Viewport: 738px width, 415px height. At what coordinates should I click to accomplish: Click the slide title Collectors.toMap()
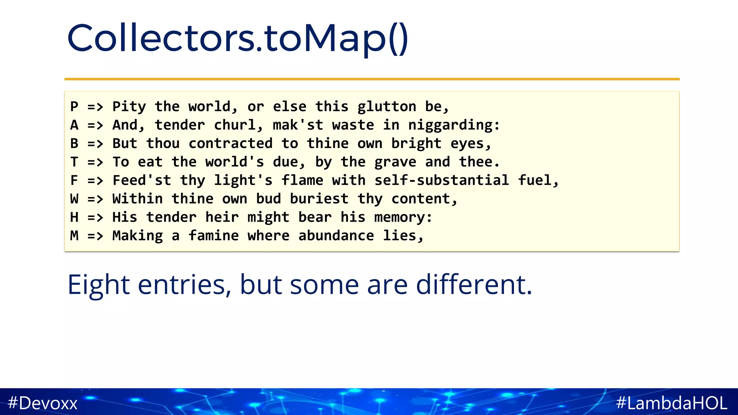click(238, 38)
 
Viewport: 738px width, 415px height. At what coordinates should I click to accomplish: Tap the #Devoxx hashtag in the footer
click(43, 403)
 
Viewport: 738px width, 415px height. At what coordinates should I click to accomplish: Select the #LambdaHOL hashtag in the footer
click(672, 403)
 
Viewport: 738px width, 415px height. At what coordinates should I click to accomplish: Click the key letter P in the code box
click(74, 107)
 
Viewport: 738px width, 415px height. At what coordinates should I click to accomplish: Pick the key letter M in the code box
click(74, 236)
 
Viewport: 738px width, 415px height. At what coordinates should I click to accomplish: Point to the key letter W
click(74, 199)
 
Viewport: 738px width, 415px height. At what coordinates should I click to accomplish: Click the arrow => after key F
click(95, 180)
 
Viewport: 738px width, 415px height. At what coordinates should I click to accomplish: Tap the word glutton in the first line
click(387, 107)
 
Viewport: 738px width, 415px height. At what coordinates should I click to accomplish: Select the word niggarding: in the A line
click(454, 125)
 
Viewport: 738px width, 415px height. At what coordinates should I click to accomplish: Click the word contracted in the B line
click(231, 143)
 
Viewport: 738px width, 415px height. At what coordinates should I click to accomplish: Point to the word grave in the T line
click(395, 162)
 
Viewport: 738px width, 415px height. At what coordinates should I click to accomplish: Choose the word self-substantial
click(441, 180)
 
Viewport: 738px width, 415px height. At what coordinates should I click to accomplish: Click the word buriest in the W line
click(319, 199)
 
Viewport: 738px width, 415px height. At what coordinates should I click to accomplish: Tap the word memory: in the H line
click(403, 217)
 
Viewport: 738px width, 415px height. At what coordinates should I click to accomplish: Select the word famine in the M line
click(214, 236)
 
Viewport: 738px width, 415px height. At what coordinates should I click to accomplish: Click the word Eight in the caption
click(98, 285)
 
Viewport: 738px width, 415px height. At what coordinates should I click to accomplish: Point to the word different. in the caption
click(474, 285)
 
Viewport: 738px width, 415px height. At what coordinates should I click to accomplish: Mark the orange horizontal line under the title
click(372, 79)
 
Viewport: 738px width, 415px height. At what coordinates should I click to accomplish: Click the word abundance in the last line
click(336, 236)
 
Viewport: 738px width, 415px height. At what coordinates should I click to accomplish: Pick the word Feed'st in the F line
click(142, 180)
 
